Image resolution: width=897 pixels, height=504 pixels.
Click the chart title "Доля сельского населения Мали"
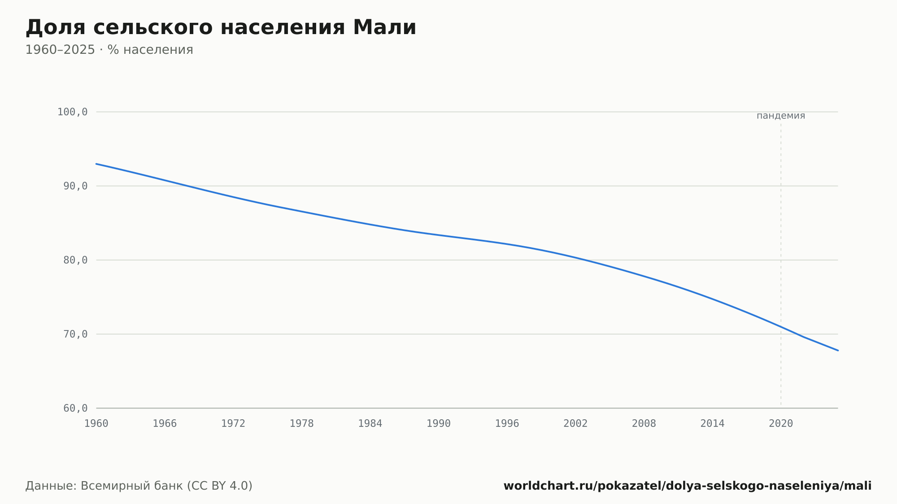pos(221,28)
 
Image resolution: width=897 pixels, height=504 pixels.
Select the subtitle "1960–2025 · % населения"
pos(109,50)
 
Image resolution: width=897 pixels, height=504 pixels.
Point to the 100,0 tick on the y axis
pos(72,112)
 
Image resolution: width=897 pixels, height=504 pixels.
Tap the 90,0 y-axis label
pos(75,186)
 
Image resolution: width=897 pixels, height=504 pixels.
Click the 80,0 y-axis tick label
pos(75,260)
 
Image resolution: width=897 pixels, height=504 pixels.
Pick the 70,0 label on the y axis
pos(75,334)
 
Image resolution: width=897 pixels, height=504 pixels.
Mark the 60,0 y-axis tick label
pos(75,408)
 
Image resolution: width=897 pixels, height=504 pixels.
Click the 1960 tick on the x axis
pos(96,424)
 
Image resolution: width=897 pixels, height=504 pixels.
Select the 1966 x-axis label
pos(165,424)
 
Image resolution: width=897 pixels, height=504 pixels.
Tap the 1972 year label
pos(233,424)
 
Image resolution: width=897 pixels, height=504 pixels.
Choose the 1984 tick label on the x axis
pos(370,424)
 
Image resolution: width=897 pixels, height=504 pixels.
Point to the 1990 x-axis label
pos(439,424)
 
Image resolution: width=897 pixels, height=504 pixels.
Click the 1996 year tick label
pos(507,424)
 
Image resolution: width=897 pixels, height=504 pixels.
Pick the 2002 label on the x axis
pos(575,424)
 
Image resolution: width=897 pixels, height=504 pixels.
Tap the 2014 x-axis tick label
pos(712,424)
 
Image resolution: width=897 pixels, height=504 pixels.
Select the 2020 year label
pos(781,424)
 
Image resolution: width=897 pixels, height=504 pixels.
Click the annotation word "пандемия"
pos(781,116)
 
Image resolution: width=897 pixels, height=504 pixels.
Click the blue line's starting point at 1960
pos(96,164)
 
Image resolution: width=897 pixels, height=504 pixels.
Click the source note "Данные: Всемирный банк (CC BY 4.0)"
pos(139,486)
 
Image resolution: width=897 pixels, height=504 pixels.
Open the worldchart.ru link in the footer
pos(688,486)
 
